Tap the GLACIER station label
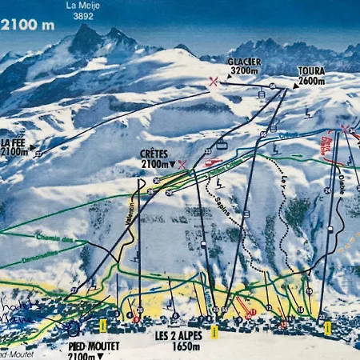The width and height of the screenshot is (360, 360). click(x=244, y=62)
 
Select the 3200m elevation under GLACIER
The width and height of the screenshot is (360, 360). click(x=244, y=71)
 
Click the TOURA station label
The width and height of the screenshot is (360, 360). click(x=310, y=71)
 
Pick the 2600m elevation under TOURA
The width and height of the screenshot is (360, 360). click(x=310, y=81)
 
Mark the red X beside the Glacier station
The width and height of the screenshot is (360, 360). click(x=213, y=81)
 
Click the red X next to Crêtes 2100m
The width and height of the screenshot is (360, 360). click(x=183, y=164)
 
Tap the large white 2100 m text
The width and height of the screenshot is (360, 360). click(x=29, y=25)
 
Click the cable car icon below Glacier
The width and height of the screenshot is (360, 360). click(x=261, y=94)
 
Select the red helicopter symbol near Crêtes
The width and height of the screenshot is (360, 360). click(x=213, y=163)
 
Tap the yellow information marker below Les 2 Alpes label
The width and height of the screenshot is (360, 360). click(x=214, y=330)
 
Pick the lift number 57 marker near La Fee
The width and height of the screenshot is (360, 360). click(x=37, y=152)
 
